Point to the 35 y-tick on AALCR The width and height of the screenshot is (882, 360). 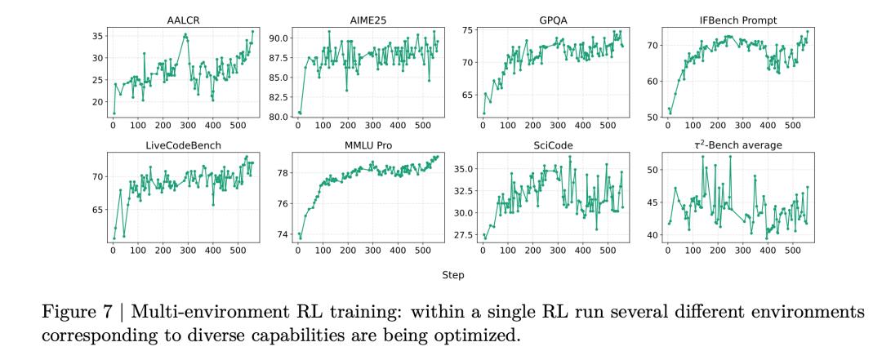[x=96, y=36]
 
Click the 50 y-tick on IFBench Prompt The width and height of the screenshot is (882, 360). [x=650, y=117]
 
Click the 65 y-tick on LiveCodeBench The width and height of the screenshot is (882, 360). [x=96, y=210]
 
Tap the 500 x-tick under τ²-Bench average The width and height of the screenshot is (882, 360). [x=792, y=252]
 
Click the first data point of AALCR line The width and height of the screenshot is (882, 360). [x=114, y=113]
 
